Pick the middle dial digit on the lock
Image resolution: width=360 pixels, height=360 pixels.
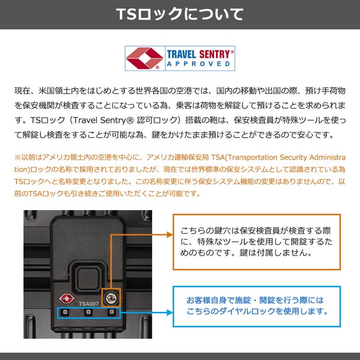tap(88, 312)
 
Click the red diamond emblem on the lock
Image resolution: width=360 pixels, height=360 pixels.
tap(65, 297)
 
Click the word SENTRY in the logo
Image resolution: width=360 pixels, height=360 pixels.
tap(216, 54)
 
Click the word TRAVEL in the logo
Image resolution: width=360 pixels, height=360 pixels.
tap(181, 54)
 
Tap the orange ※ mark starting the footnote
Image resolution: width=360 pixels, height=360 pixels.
tap(18, 158)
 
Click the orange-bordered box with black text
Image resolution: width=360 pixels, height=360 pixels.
tap(256, 242)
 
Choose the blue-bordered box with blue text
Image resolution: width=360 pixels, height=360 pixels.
tap(256, 306)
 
